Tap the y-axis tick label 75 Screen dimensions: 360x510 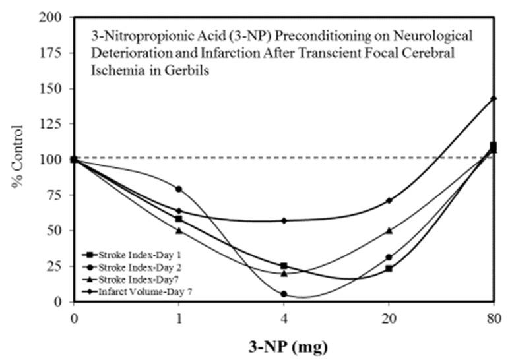point(57,195)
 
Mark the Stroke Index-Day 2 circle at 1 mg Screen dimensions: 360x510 point(178,189)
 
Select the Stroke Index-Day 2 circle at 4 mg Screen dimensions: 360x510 point(284,294)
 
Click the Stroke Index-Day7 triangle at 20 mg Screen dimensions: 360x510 point(389,231)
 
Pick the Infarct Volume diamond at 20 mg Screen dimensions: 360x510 point(389,200)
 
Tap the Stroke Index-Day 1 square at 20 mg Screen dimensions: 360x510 point(389,268)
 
